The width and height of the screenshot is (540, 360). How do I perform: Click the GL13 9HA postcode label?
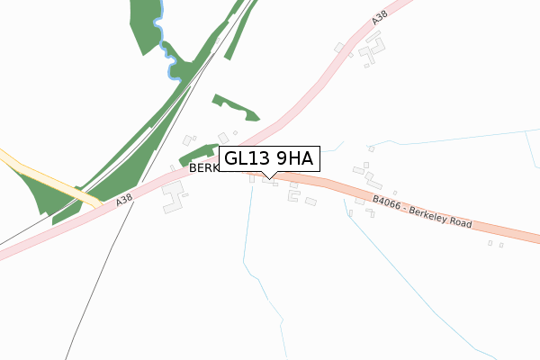[x=269, y=159]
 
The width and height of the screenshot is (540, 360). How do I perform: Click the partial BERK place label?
[x=202, y=168]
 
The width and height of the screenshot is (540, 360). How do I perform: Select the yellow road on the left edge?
[x=45, y=175]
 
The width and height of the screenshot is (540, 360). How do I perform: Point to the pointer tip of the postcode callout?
[x=265, y=175]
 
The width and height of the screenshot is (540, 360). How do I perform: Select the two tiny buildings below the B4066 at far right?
[x=495, y=243]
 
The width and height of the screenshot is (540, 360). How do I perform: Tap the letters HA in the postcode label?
[x=300, y=159]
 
